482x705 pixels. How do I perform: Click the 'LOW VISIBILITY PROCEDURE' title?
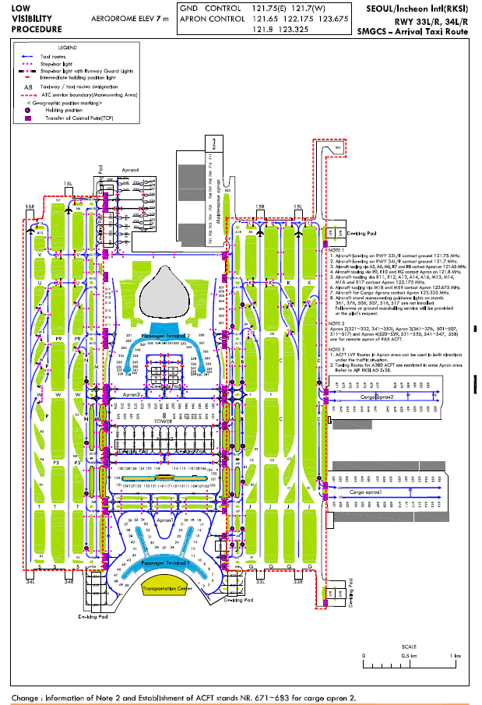(x=36, y=18)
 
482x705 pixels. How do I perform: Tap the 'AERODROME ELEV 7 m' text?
(x=128, y=16)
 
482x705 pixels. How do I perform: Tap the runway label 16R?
(x=30, y=206)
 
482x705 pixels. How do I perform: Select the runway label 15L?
(x=297, y=206)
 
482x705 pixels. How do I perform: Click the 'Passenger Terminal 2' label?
(x=167, y=337)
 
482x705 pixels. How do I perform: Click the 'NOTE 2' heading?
(x=336, y=323)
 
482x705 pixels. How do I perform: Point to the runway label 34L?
(x=30, y=580)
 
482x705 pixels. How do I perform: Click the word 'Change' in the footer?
(x=26, y=697)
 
